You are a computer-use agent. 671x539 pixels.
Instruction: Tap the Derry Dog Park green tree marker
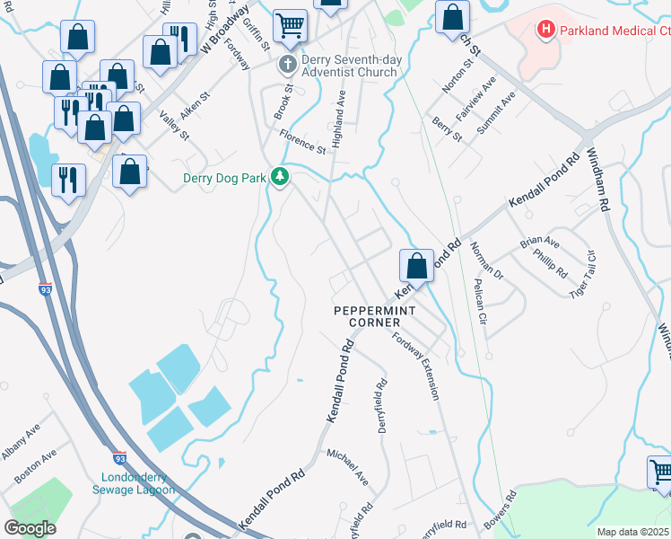281,177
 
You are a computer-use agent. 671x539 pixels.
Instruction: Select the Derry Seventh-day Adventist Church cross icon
288,64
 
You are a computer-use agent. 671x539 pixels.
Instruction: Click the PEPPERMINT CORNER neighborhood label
374,316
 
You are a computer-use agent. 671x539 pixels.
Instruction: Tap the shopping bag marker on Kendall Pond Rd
416,266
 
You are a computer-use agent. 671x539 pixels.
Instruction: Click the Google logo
30,528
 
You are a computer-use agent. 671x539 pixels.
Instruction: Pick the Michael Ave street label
347,467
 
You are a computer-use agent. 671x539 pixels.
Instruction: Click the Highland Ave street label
339,112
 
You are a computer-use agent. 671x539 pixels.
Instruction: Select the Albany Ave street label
20,443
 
